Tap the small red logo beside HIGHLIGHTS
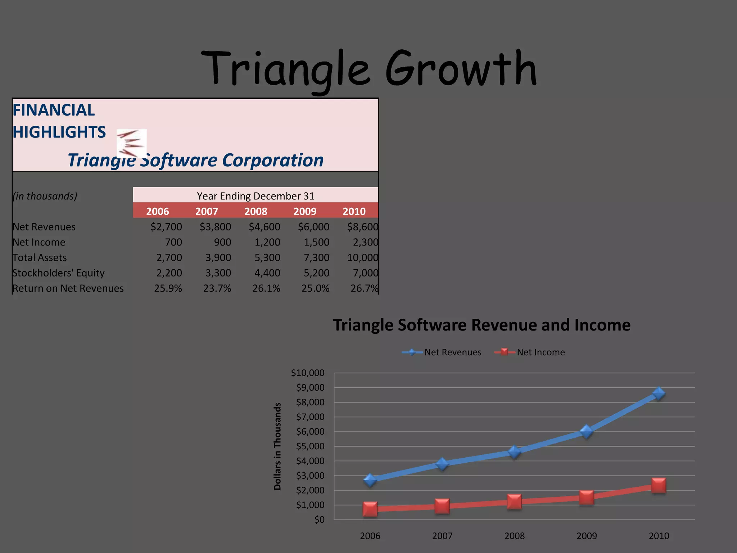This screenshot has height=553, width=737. [x=131, y=143]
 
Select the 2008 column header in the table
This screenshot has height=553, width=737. [x=256, y=211]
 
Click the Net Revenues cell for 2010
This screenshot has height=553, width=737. [x=362, y=227]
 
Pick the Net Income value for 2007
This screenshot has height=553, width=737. [x=222, y=242]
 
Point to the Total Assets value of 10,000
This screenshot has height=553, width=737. [x=362, y=258]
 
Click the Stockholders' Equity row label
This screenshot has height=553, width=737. [x=58, y=273]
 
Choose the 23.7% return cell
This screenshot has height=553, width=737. [x=217, y=288]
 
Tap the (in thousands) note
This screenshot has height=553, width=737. [x=45, y=196]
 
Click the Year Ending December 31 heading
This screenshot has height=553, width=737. [x=256, y=196]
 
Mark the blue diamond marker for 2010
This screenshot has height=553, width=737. [x=659, y=394]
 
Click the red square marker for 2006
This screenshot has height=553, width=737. [x=370, y=509]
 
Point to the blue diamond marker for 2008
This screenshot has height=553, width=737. [x=514, y=452]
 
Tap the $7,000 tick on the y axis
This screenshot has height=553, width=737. [x=310, y=417]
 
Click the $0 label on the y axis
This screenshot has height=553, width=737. [x=319, y=520]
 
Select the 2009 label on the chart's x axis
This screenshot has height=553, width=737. [x=586, y=536]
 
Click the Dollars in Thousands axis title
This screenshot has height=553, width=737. [x=277, y=446]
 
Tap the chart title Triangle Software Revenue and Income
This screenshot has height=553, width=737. [x=481, y=325]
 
